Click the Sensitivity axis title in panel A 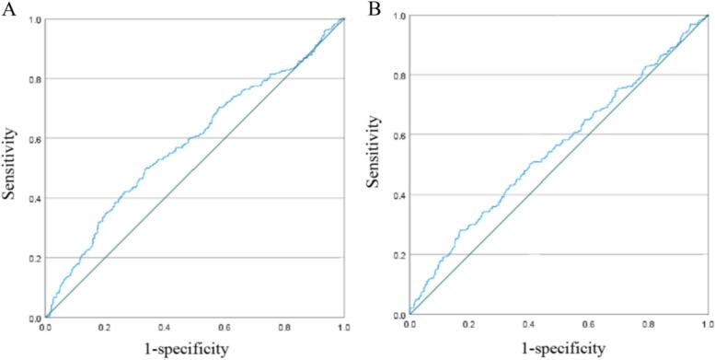[12, 168]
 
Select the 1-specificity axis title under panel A [194, 349]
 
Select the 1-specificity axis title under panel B [559, 347]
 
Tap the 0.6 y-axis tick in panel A [34, 138]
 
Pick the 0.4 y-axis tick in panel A [34, 198]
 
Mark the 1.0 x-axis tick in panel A [343, 327]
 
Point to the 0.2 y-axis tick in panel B [398, 254]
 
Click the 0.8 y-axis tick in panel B [398, 75]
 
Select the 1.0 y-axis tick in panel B [398, 16]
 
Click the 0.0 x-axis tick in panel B [410, 325]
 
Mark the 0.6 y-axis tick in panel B [398, 135]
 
